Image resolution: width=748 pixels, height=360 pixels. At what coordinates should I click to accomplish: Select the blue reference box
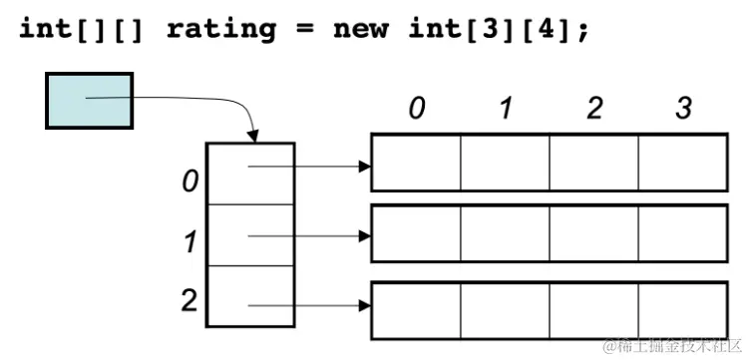coord(89,100)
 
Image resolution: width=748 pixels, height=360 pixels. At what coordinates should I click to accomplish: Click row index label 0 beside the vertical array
coord(188,182)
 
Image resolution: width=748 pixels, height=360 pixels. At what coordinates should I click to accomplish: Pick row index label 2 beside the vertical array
coord(188,300)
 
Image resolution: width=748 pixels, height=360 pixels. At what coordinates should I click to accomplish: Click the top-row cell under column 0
coord(416,161)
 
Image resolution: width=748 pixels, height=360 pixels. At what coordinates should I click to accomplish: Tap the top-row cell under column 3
coord(683,161)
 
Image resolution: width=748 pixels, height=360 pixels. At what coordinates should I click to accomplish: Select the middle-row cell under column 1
coord(506,232)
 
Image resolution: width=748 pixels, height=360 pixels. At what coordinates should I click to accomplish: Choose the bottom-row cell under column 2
coord(594,309)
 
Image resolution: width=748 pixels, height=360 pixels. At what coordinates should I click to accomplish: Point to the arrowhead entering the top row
coord(364,166)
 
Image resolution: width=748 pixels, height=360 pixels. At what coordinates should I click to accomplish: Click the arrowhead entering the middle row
coord(364,236)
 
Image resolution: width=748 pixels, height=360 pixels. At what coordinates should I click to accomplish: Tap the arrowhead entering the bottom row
coord(364,307)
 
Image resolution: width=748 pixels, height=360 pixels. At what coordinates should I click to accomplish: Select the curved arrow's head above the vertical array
coord(255,136)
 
